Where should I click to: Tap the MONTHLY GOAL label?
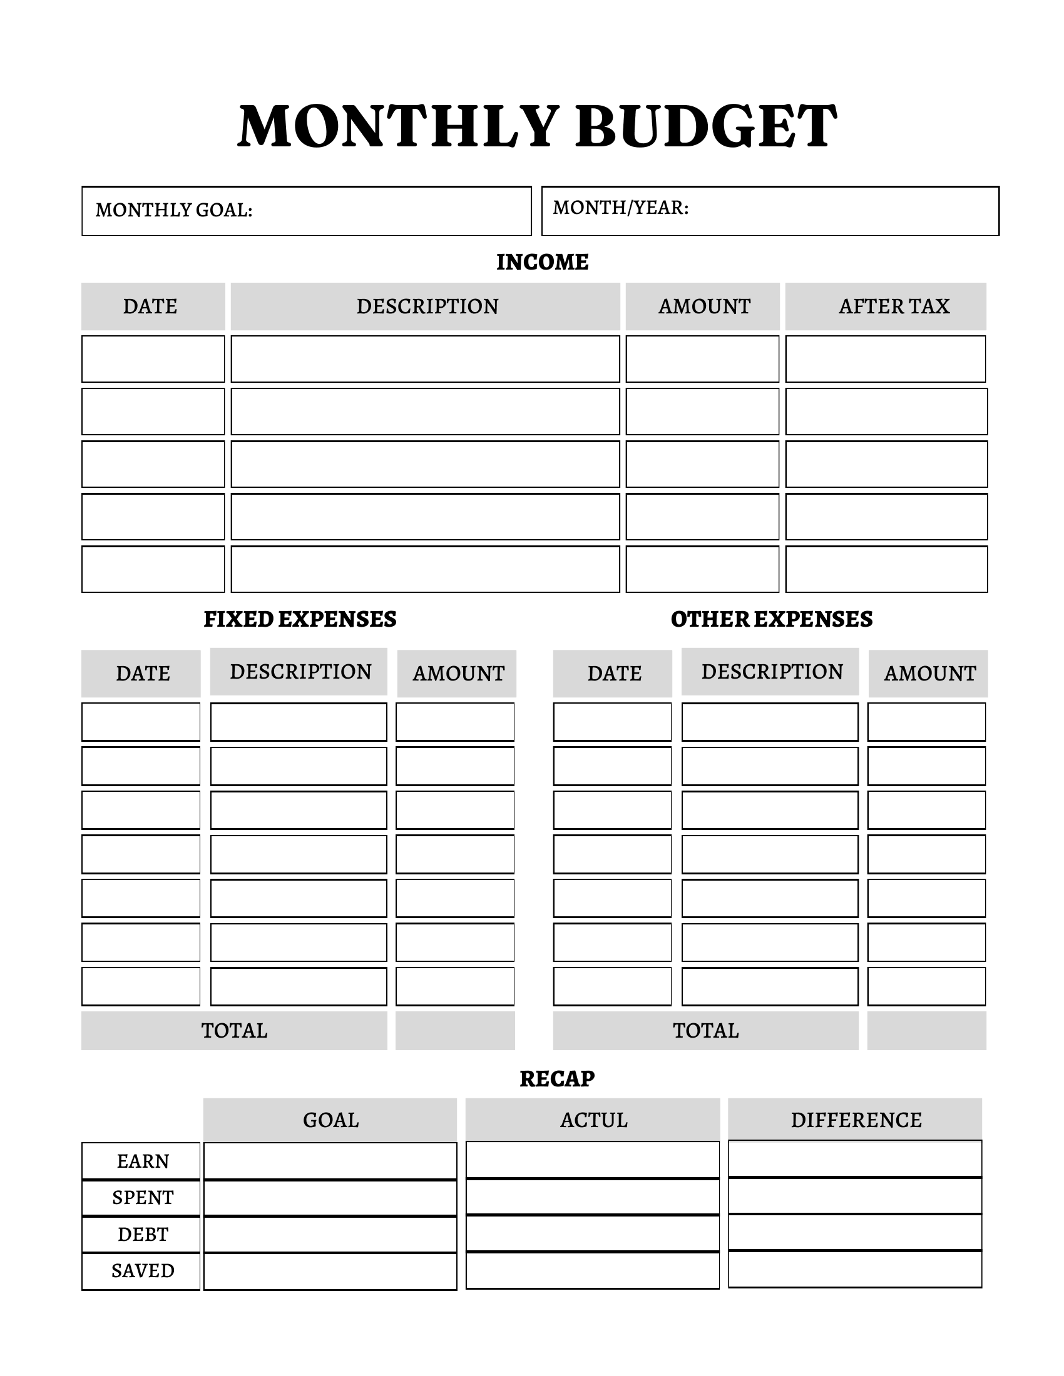click(x=174, y=210)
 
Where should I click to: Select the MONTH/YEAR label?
click(x=620, y=207)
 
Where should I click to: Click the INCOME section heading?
click(x=542, y=262)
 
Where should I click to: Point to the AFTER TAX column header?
click(x=893, y=306)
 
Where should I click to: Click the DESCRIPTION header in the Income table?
click(x=427, y=306)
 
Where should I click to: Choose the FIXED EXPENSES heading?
click(x=300, y=619)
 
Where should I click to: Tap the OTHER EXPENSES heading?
click(x=772, y=619)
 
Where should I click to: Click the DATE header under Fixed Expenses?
click(x=143, y=674)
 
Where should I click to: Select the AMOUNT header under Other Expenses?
click(x=929, y=674)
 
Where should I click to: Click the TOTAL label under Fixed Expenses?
click(x=235, y=1031)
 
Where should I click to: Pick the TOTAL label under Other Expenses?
click(x=706, y=1031)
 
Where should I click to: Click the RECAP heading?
click(x=557, y=1079)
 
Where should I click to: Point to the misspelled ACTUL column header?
click(x=594, y=1120)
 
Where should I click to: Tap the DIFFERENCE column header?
click(x=856, y=1120)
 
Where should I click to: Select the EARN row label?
click(x=143, y=1161)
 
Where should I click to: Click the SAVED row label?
click(x=143, y=1271)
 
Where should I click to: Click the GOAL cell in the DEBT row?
click(x=330, y=1234)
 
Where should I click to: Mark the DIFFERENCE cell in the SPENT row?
click(x=855, y=1196)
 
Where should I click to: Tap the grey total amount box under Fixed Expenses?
click(x=455, y=1031)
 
